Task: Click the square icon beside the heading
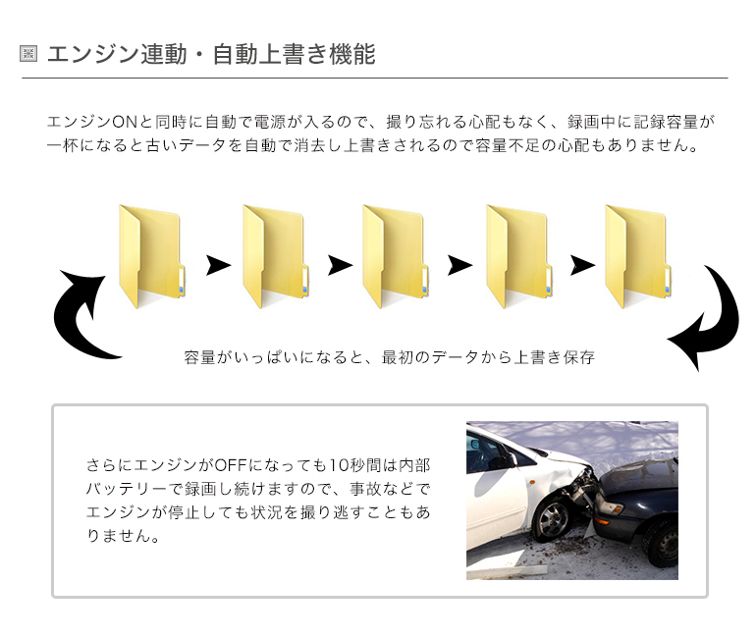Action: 28,53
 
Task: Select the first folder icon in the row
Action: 152,257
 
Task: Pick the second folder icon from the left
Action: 275,257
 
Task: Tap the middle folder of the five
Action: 396,257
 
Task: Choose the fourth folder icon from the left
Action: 518,257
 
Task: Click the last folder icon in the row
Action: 638,257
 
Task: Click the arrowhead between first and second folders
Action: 218,265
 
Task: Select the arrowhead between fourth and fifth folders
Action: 582,265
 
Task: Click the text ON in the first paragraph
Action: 125,122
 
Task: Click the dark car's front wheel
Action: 664,542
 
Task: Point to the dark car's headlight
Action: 612,506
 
